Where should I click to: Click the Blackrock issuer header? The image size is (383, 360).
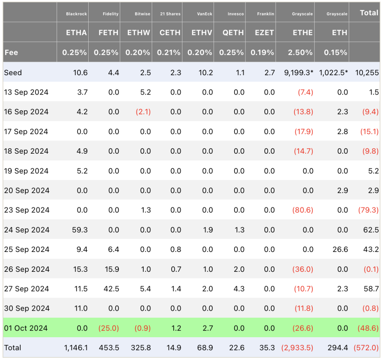coord(76,14)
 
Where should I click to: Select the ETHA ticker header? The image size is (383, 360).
coord(76,33)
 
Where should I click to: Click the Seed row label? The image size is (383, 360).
coord(13,73)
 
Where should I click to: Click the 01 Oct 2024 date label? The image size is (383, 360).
coord(26,328)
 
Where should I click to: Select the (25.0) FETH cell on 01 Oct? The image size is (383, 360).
coord(108,328)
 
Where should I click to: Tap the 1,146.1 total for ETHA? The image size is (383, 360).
coord(76,348)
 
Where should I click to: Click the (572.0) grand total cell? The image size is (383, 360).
coord(366,348)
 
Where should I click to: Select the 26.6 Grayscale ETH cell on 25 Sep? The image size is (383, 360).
coord(340,249)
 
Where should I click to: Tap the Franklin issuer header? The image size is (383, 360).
coord(266,14)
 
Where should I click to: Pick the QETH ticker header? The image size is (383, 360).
coord(233,33)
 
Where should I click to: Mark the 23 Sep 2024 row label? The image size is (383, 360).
coord(27,210)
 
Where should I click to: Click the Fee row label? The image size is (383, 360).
coord(11,52)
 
